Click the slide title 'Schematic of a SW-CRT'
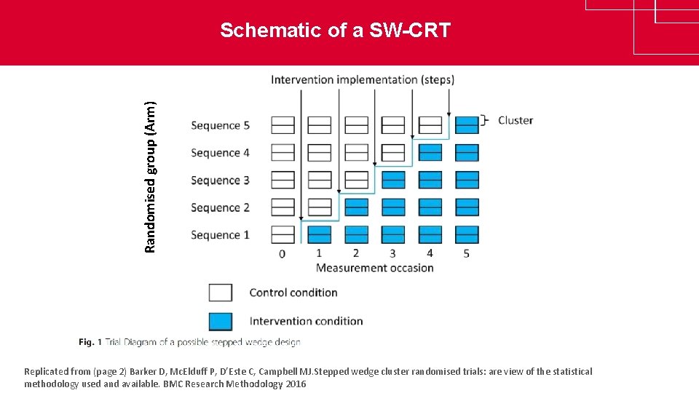point(336,31)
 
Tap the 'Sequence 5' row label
point(220,125)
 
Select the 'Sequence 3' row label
point(220,180)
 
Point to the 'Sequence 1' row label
point(220,235)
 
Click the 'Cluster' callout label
point(516,120)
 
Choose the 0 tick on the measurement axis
point(283,254)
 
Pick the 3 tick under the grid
point(393,253)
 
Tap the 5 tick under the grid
point(467,253)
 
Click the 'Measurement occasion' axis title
point(375,268)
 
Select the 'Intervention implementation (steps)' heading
point(363,79)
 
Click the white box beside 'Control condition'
point(221,293)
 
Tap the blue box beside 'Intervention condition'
point(221,321)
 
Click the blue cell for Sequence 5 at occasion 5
point(467,125)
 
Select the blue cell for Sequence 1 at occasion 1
point(319,234)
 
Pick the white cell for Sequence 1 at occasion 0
point(283,234)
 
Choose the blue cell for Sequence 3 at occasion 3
point(393,180)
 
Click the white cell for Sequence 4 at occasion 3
point(393,153)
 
